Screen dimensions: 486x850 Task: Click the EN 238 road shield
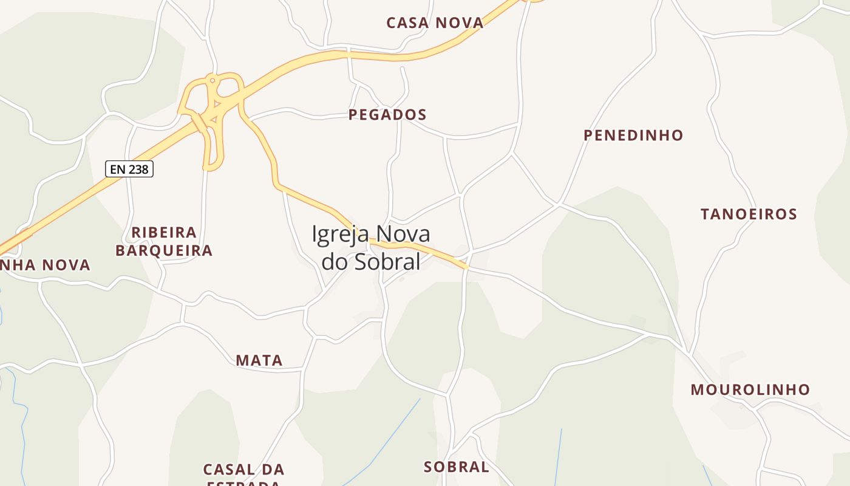(x=129, y=169)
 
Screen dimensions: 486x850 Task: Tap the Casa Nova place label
(x=435, y=23)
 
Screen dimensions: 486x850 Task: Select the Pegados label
(x=387, y=114)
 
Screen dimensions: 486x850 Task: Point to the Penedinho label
(x=633, y=135)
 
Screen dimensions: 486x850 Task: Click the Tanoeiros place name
(x=749, y=214)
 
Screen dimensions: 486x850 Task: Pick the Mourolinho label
(x=750, y=389)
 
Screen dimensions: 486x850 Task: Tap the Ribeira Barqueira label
(x=164, y=241)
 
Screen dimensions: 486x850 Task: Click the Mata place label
(x=259, y=360)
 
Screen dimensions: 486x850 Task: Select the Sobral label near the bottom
(x=456, y=467)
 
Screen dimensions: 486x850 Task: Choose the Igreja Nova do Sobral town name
(x=371, y=247)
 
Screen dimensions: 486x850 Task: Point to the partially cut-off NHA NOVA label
(x=45, y=265)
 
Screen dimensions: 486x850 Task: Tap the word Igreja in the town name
(x=342, y=234)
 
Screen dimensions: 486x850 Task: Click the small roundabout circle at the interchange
(x=212, y=80)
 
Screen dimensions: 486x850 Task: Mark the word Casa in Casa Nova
(x=409, y=23)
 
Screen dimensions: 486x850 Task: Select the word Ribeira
(x=164, y=232)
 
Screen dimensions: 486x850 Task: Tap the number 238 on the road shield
(x=138, y=169)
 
